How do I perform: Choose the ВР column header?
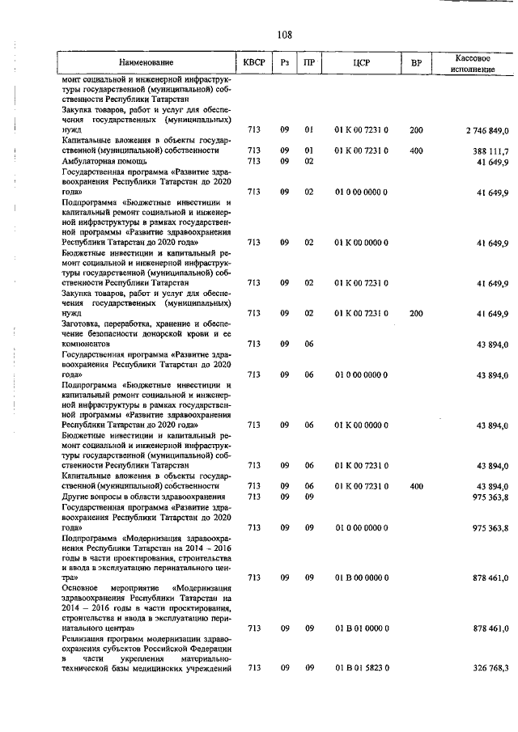(x=416, y=62)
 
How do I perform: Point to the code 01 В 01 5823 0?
(x=361, y=668)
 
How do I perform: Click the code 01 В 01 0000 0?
(x=361, y=628)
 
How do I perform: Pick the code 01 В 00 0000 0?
(x=361, y=578)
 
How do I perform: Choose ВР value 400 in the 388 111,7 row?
(x=416, y=150)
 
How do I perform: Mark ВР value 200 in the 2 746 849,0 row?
(x=416, y=129)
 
